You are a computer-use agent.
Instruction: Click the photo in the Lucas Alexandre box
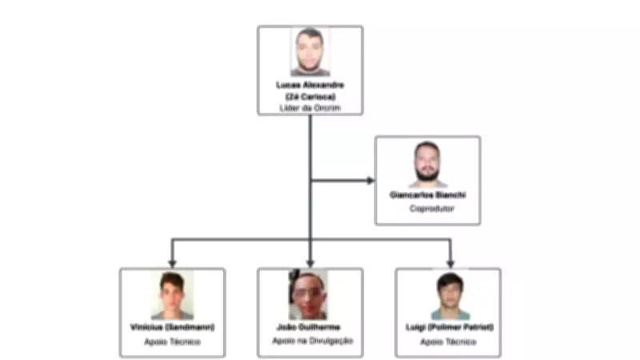click(310, 52)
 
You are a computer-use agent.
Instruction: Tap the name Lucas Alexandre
click(310, 84)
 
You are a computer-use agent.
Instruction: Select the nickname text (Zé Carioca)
click(310, 95)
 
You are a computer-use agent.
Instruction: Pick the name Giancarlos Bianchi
click(427, 195)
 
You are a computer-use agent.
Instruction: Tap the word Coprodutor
click(427, 208)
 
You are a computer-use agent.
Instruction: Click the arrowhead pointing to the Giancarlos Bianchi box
click(370, 180)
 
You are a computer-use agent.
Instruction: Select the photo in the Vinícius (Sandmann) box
click(172, 296)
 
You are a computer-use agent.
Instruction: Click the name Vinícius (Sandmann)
click(172, 328)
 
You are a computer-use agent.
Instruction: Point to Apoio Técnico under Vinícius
click(172, 342)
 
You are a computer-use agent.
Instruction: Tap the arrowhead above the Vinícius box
click(172, 262)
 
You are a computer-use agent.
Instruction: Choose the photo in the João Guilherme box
click(310, 296)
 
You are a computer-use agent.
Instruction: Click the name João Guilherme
click(310, 328)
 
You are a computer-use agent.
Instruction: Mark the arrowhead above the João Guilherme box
click(310, 262)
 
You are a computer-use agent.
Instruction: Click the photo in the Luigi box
click(448, 296)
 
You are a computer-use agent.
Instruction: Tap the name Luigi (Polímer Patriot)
click(448, 328)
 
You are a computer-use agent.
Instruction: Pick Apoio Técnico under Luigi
click(448, 342)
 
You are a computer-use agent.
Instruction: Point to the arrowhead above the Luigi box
click(450, 262)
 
